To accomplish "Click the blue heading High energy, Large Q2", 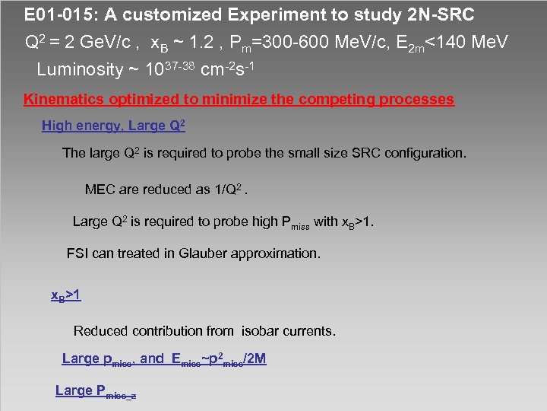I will tap(113, 126).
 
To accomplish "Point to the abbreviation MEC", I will tap(100, 190).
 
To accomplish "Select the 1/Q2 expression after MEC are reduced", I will tap(232, 189).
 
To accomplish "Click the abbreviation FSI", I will tap(78, 253).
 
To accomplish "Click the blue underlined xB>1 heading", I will tap(65, 295).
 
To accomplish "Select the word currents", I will tap(308, 331).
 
